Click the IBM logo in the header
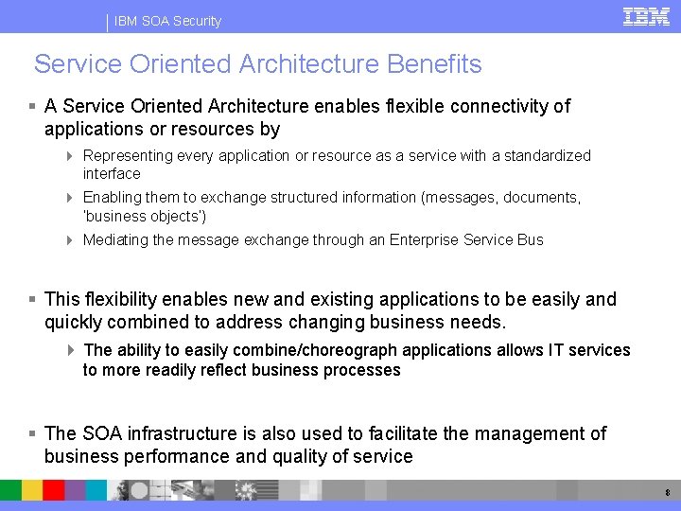coord(646,16)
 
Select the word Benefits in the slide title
coord(434,64)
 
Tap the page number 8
coord(668,493)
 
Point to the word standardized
coord(545,155)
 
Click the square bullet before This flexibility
coord(32,299)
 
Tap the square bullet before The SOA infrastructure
coord(32,433)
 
